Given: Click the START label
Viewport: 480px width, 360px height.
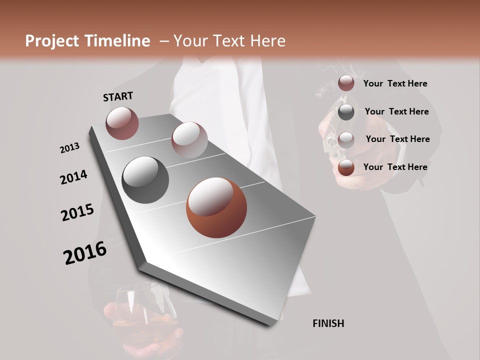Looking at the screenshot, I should click(x=118, y=96).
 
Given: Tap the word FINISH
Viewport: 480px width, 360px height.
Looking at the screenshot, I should click(x=328, y=323).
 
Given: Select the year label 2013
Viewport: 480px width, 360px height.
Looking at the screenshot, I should click(x=70, y=148).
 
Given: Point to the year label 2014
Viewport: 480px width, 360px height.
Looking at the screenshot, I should click(x=73, y=177).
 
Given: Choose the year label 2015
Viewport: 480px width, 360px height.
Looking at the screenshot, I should click(x=77, y=212).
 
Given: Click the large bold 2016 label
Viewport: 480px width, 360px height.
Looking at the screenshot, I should click(x=85, y=253).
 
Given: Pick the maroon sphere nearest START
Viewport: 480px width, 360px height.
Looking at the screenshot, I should click(x=122, y=123).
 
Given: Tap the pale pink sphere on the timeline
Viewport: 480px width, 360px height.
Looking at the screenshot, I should click(x=189, y=139).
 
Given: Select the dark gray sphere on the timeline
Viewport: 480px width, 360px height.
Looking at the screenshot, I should click(x=145, y=180).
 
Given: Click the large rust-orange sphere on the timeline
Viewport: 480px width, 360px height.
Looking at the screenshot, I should click(x=216, y=207).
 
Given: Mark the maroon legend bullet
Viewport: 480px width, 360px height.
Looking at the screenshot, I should click(x=346, y=83).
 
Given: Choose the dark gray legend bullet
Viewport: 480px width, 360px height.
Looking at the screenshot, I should click(x=346, y=112).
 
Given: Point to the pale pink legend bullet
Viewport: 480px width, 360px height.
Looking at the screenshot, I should click(x=346, y=139).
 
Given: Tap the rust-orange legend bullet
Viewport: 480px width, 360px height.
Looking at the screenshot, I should click(x=346, y=167).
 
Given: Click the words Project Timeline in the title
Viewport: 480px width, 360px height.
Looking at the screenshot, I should click(x=87, y=41).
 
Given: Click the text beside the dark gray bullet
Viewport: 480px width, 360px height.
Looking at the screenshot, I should click(x=396, y=111).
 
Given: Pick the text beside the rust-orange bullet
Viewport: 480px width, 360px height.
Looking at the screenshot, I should click(x=395, y=167).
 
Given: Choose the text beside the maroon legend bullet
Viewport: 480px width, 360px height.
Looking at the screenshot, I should click(x=395, y=83).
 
